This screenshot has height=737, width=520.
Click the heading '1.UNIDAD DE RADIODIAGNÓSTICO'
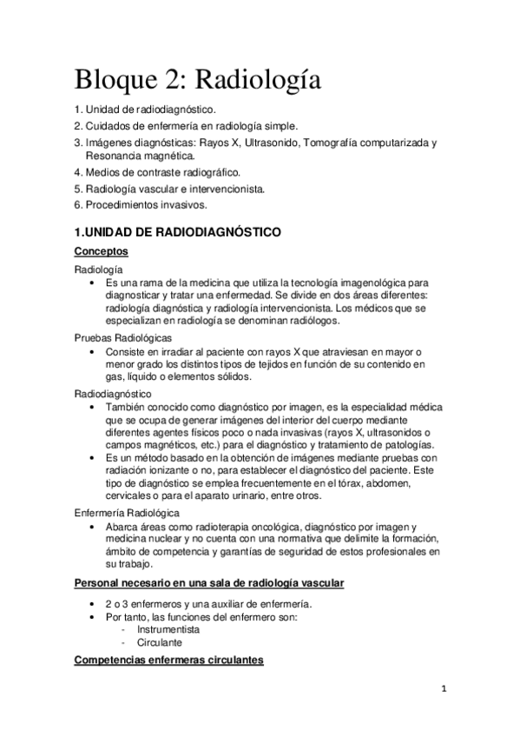[x=177, y=233]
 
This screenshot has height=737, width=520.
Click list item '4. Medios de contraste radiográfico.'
[x=157, y=173]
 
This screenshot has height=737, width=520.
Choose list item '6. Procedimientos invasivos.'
[x=140, y=204]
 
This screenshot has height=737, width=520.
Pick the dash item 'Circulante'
[x=159, y=642]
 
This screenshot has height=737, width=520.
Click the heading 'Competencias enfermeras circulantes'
[x=169, y=661]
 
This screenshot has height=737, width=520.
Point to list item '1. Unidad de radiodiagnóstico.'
[x=144, y=110]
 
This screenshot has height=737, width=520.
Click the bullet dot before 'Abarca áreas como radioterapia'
[x=93, y=528]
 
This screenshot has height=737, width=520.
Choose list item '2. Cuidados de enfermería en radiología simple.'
[x=185, y=126]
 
